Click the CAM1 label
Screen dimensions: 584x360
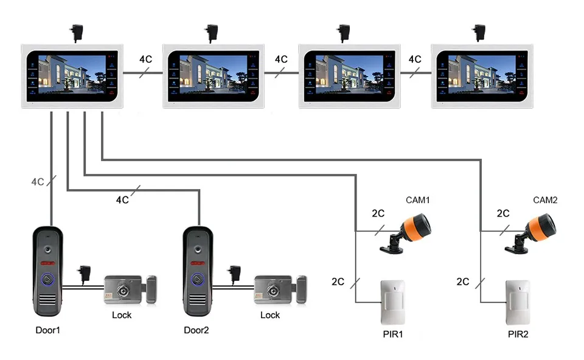pyautogui.click(x=417, y=200)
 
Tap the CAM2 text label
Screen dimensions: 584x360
pyautogui.click(x=545, y=200)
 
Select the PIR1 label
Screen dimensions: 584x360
pyautogui.click(x=393, y=334)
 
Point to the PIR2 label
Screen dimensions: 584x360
pyautogui.click(x=518, y=334)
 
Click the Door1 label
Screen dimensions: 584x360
pyautogui.click(x=47, y=330)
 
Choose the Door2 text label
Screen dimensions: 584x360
pyautogui.click(x=196, y=330)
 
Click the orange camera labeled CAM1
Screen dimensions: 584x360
pyautogui.click(x=406, y=234)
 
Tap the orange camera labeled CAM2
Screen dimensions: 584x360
pyautogui.click(x=531, y=234)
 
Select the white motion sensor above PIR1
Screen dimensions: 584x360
pyautogui.click(x=393, y=302)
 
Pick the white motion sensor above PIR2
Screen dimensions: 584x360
pyautogui.click(x=518, y=302)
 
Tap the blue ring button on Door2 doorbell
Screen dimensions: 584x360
pyautogui.click(x=198, y=279)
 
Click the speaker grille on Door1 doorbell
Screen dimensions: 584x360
pyautogui.click(x=48, y=299)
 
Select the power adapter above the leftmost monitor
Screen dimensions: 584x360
pyautogui.click(x=77, y=33)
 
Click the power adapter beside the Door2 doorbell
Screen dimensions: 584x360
pyautogui.click(x=235, y=275)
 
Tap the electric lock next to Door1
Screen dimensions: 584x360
pyautogui.click(x=130, y=289)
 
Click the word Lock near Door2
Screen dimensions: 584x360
pyautogui.click(x=270, y=316)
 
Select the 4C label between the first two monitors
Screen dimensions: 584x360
pyautogui.click(x=145, y=59)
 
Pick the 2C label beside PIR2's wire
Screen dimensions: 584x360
pyautogui.click(x=463, y=282)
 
